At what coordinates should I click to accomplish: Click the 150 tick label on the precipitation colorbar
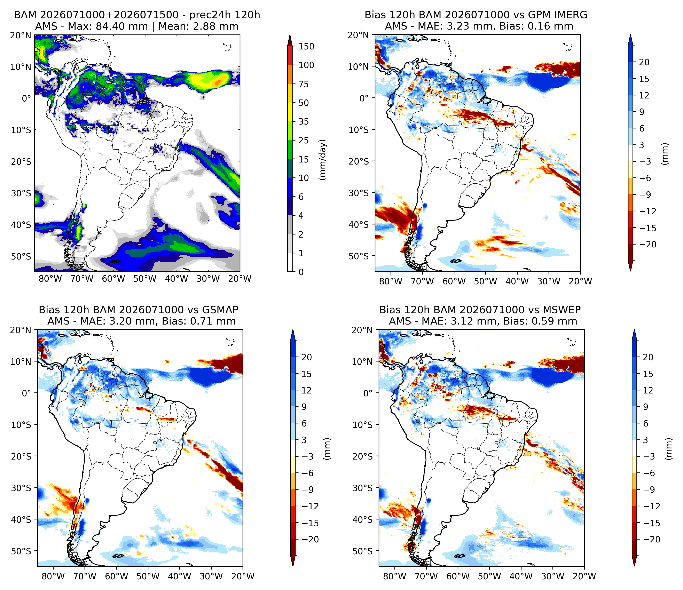coord(306,46)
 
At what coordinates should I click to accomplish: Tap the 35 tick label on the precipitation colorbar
coord(304,122)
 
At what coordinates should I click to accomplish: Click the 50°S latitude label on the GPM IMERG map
coord(359,256)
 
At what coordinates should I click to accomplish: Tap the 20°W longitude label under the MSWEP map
coord(584,576)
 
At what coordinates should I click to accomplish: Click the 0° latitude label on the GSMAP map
coord(27,393)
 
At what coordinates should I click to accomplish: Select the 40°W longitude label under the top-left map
coord(177,279)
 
